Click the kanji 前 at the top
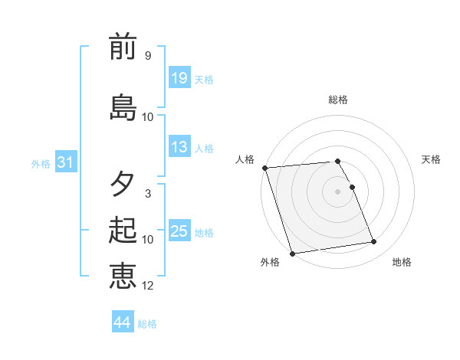[123, 48]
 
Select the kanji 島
[123, 107]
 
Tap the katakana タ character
[123, 185]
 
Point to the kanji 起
[123, 231]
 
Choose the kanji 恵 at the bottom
[123, 276]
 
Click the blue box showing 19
[179, 78]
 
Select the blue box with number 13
[179, 147]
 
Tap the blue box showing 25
[179, 231]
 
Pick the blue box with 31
[65, 162]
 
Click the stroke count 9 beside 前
[148, 56]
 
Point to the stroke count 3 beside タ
[148, 194]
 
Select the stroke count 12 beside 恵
[148, 286]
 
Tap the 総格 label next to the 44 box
[147, 324]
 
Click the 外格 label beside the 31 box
[41, 164]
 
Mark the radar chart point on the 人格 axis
[265, 168]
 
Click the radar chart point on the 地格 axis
[374, 242]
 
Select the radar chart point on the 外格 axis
[292, 252]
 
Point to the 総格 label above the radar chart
[338, 100]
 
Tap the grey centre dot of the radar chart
[338, 191]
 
